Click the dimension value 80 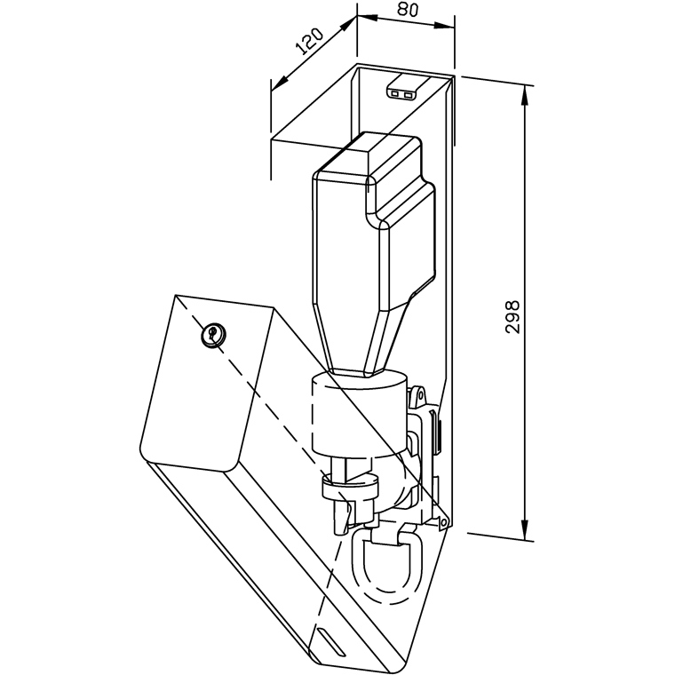pos(408,9)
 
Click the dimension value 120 pos(310,42)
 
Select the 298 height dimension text pos(512,317)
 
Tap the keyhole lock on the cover pos(213,334)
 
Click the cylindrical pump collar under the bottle pos(359,414)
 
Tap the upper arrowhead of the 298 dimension pos(524,95)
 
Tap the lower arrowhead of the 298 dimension pos(524,529)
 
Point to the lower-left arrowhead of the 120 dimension pos(280,83)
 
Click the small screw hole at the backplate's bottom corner pos(443,522)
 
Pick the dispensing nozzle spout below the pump pos(342,517)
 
